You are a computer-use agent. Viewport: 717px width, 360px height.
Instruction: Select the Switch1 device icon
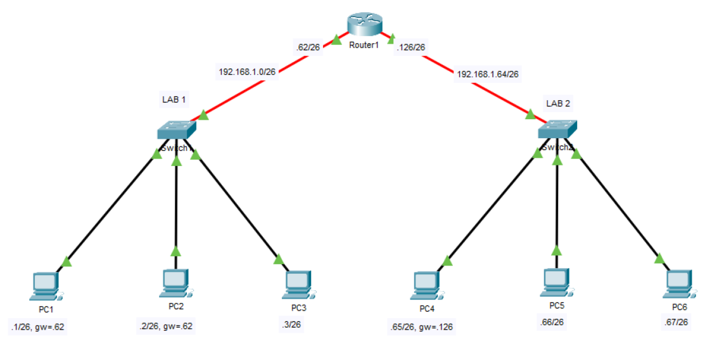[177, 130]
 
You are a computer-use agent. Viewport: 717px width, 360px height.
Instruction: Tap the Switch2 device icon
[557, 130]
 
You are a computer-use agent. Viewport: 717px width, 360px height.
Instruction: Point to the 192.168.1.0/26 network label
[247, 72]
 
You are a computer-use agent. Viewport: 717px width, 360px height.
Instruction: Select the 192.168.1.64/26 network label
[488, 74]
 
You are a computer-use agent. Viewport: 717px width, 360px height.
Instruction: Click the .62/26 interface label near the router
[308, 47]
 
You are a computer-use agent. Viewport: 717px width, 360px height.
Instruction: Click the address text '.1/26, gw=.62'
[37, 327]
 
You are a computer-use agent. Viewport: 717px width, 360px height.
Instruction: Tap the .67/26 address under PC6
[675, 322]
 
